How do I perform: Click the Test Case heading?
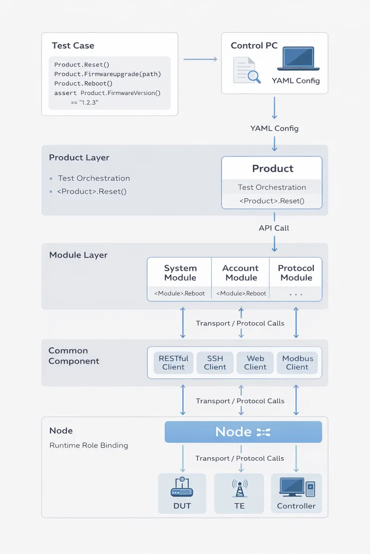73,46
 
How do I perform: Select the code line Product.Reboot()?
83,83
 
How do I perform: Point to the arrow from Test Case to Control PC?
200,59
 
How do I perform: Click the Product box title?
272,169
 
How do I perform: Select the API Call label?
274,228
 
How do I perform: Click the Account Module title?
240,273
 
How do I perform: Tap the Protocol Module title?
296,273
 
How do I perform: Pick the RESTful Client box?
173,363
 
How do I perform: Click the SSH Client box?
215,363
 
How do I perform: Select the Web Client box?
255,363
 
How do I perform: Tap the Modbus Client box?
297,363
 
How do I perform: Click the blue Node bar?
243,432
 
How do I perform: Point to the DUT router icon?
182,487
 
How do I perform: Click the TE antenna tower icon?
239,487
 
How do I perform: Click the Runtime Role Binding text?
88,445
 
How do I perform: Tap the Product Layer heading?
79,158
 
